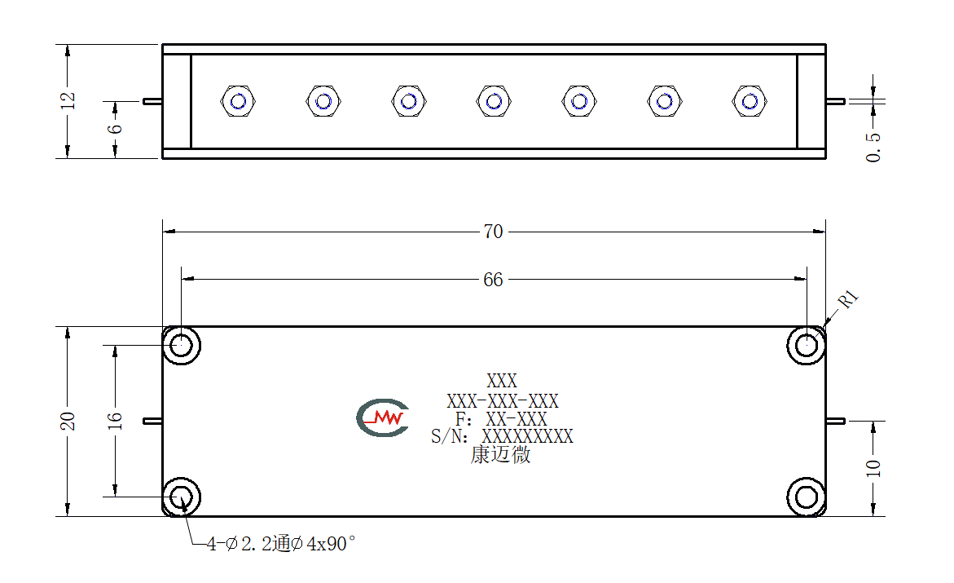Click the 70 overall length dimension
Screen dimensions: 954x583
click(x=494, y=232)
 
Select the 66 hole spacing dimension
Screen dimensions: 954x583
click(x=494, y=280)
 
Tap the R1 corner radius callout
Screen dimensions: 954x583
click(x=848, y=298)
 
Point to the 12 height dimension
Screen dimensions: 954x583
click(x=68, y=100)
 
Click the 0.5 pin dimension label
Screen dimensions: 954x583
click(x=873, y=148)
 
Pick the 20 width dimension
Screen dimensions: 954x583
click(x=68, y=421)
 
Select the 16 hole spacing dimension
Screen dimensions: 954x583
click(x=115, y=421)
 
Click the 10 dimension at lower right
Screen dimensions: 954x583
click(x=873, y=468)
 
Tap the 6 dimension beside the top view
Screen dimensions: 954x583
click(x=115, y=129)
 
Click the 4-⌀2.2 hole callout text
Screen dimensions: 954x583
click(x=280, y=543)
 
